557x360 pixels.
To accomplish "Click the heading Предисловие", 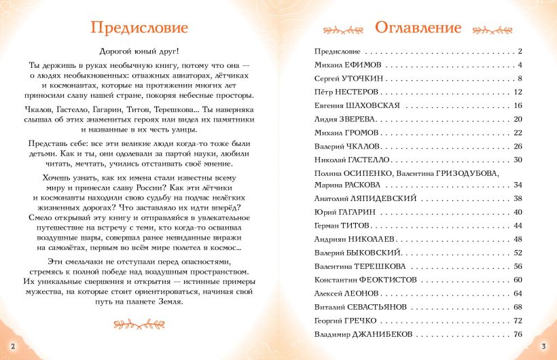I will point(139,28).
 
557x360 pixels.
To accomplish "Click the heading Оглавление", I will point(418,28).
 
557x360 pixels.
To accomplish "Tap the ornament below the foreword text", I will point(139,323).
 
